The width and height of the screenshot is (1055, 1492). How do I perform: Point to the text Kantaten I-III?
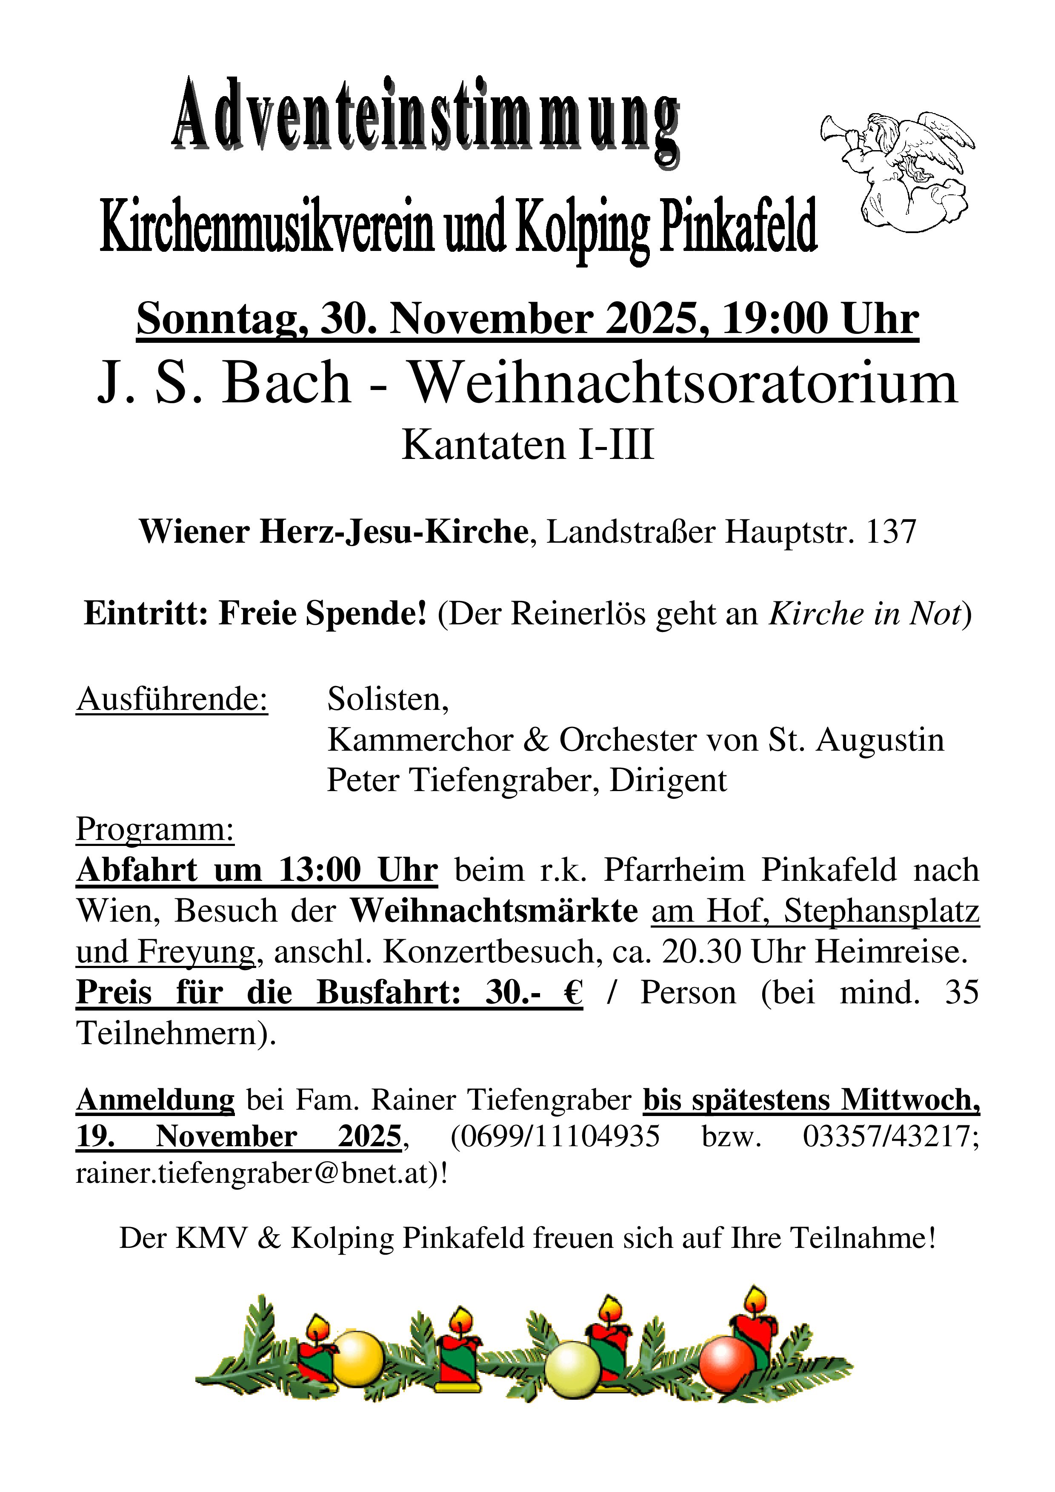coord(527,445)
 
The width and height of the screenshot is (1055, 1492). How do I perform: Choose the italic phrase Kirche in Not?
coord(864,614)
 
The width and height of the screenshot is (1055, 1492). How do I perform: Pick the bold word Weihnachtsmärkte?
coord(494,911)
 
